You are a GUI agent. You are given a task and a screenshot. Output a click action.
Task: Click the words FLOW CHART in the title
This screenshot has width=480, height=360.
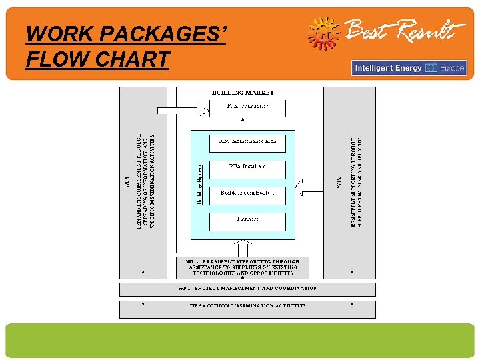[97, 59]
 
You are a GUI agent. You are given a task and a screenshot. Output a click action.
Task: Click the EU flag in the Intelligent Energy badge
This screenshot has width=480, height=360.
[431, 68]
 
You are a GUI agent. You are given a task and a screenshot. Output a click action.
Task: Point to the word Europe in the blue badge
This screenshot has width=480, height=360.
[452, 68]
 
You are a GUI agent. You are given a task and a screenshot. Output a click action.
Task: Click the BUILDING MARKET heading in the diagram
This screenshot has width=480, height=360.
[242, 91]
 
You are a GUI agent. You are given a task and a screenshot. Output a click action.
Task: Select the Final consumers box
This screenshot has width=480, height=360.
[247, 107]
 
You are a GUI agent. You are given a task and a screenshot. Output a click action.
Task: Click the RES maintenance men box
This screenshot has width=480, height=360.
[247, 142]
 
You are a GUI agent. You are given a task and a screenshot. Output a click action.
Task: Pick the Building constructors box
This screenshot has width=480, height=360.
[247, 193]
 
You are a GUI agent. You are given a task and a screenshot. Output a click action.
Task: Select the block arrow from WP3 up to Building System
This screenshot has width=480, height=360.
[242, 247]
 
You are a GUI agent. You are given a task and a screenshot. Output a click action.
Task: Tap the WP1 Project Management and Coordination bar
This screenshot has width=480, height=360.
[247, 289]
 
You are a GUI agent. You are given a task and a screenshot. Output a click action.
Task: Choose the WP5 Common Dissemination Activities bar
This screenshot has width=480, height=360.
[247, 306]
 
